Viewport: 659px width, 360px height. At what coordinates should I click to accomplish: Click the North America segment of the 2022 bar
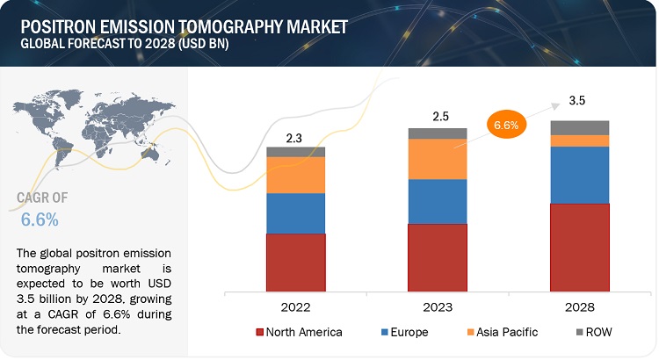pos(295,266)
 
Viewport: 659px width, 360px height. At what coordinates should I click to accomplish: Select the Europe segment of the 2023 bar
pos(437,201)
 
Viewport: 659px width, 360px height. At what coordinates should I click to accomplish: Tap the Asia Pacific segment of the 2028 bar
pos(579,140)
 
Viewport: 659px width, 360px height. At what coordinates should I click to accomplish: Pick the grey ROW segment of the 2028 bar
pos(579,127)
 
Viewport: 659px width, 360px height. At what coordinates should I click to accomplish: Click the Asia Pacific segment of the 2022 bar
pos(295,175)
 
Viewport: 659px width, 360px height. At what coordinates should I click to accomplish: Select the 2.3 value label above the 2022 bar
pos(295,137)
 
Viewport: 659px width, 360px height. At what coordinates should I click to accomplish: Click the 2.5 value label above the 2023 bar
pos(437,116)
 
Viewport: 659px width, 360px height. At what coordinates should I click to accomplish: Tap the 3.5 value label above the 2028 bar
pos(577,101)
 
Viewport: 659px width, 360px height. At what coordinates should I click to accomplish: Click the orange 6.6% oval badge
pos(506,126)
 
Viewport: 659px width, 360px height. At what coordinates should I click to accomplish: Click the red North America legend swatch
pos(260,332)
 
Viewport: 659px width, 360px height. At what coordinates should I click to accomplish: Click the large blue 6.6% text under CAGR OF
pos(36,219)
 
